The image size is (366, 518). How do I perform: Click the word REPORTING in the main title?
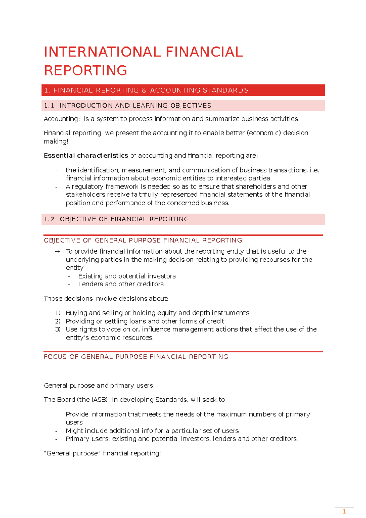(86, 70)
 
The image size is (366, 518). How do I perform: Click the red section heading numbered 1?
(146, 90)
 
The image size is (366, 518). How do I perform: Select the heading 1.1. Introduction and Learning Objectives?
(127, 106)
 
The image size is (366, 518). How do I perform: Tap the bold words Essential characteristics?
(86, 156)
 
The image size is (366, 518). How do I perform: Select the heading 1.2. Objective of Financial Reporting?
(116, 219)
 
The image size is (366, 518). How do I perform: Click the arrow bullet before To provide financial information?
(57, 251)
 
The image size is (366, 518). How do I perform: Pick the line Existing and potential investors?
(127, 276)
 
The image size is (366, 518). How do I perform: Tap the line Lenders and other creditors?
(121, 284)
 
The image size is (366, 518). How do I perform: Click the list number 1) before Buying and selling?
(58, 313)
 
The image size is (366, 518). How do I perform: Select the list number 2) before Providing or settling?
(58, 321)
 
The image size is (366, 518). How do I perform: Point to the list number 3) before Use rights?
(58, 329)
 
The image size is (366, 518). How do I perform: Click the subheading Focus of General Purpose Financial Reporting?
(136, 357)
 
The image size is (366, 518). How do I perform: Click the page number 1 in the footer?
(344, 512)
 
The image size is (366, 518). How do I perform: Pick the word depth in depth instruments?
(201, 313)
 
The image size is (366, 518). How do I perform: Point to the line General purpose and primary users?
(99, 386)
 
